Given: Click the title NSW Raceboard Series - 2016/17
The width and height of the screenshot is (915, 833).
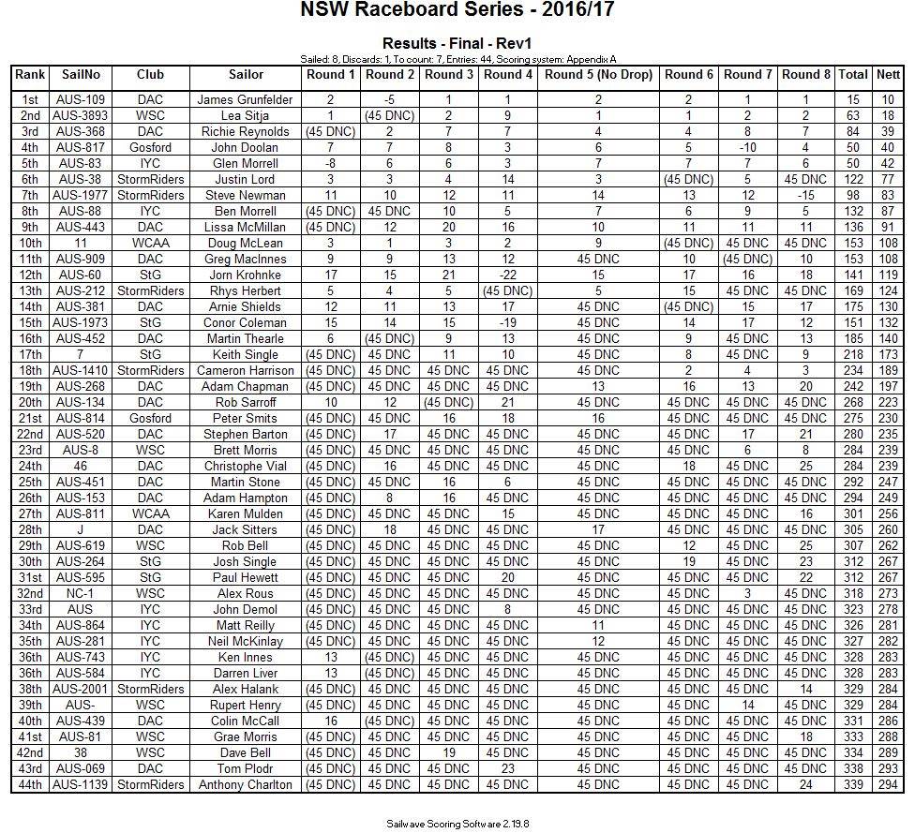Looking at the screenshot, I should click(457, 11).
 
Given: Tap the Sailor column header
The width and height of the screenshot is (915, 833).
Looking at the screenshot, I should click(246, 75).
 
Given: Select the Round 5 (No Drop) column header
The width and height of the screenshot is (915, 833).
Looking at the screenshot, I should click(598, 75).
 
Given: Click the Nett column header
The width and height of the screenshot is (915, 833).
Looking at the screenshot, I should click(887, 75).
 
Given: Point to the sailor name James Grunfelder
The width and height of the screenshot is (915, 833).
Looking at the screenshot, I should click(246, 99).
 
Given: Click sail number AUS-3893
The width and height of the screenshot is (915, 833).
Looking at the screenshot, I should click(82, 115).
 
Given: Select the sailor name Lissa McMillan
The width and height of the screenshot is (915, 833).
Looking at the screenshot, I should click(246, 227).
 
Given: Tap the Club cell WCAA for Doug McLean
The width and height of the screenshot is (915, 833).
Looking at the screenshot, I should click(150, 243).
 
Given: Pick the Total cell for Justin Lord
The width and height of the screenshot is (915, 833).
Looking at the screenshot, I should click(852, 179).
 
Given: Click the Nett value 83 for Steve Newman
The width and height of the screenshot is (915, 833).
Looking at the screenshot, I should click(887, 195).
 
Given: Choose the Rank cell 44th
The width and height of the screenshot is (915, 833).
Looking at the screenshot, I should click(30, 784).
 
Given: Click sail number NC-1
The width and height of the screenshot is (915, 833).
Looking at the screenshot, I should click(82, 593).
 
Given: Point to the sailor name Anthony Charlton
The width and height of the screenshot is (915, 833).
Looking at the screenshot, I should click(246, 784).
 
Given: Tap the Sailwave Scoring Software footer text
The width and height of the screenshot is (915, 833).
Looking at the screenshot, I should click(457, 824).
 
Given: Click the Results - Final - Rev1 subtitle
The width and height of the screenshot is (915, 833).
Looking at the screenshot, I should click(457, 44).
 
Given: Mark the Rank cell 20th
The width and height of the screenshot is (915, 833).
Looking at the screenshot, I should click(30, 402).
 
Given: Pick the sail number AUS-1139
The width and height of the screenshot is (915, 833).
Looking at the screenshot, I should click(82, 784).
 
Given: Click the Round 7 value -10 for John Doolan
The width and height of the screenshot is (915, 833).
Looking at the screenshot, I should click(747, 147).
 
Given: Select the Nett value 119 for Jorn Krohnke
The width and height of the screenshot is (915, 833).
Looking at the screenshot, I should click(887, 275).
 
